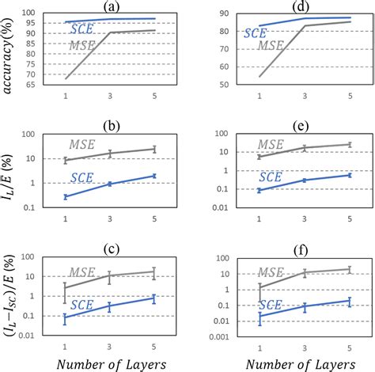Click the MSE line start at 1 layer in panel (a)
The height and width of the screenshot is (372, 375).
coord(66,78)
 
